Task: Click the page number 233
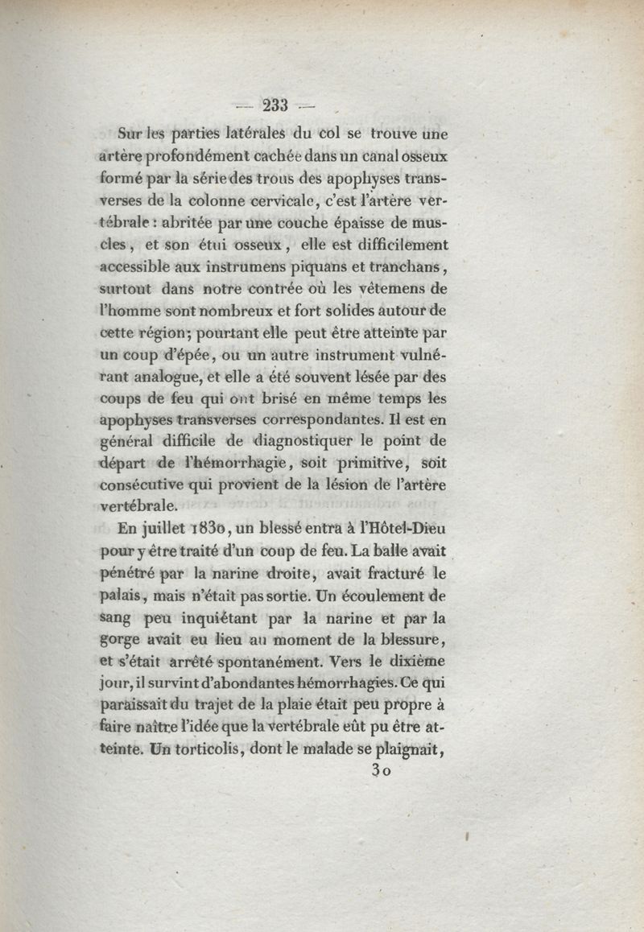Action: pyautogui.click(x=275, y=103)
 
